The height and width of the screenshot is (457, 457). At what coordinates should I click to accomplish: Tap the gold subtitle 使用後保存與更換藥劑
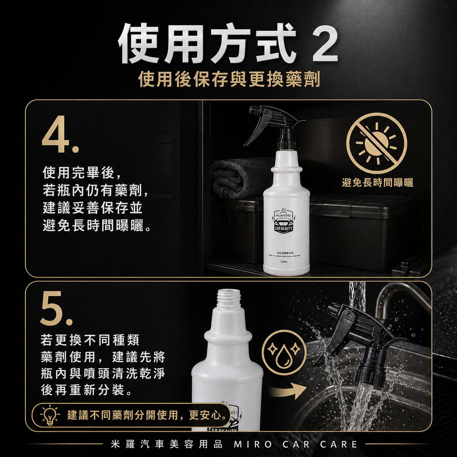229,79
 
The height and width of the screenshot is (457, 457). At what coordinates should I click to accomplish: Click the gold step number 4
60,136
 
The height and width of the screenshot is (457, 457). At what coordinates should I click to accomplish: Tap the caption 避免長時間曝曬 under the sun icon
377,182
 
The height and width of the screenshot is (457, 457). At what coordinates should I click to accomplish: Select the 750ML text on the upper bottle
285,262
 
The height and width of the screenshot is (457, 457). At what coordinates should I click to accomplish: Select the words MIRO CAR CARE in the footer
296,444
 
